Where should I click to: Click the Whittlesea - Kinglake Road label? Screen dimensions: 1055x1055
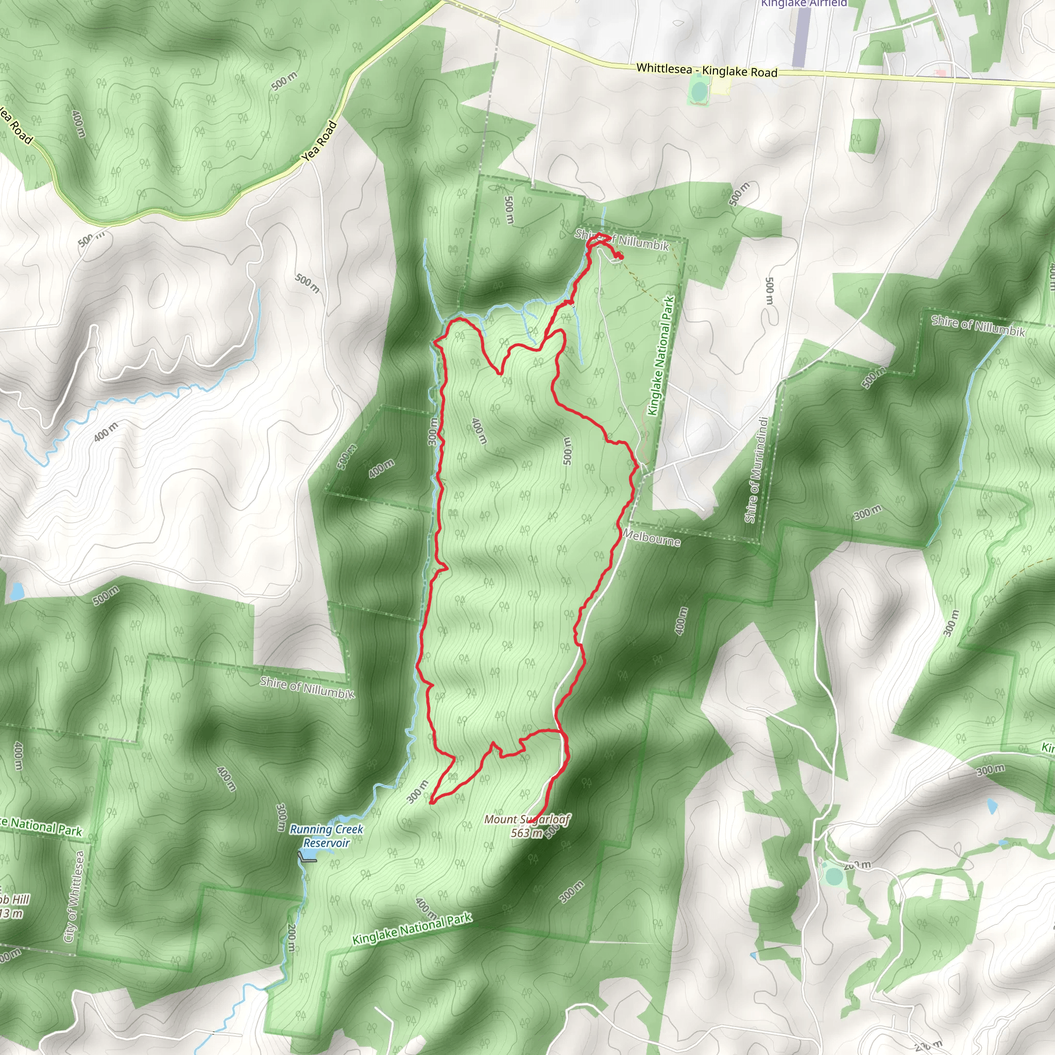click(707, 71)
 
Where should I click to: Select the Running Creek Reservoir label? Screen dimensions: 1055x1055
click(326, 836)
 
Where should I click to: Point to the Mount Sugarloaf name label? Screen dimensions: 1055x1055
click(527, 819)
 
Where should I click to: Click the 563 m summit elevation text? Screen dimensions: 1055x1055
click(526, 833)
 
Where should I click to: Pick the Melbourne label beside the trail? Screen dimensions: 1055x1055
click(652, 538)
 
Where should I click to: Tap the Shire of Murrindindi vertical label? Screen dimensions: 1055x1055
click(757, 470)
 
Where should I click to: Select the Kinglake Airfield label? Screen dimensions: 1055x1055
click(804, 3)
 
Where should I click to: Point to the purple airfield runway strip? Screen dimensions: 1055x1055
click(799, 36)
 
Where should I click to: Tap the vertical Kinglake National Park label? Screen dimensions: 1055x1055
click(661, 355)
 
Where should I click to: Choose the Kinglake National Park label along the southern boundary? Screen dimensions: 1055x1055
click(412, 929)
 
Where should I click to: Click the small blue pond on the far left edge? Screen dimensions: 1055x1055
click(18, 590)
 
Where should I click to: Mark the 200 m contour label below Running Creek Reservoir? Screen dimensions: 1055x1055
click(292, 938)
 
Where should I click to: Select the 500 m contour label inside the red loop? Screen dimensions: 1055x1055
click(567, 451)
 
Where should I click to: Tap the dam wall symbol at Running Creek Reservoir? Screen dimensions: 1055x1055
click(307, 857)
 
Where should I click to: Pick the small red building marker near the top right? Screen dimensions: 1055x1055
click(940, 73)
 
